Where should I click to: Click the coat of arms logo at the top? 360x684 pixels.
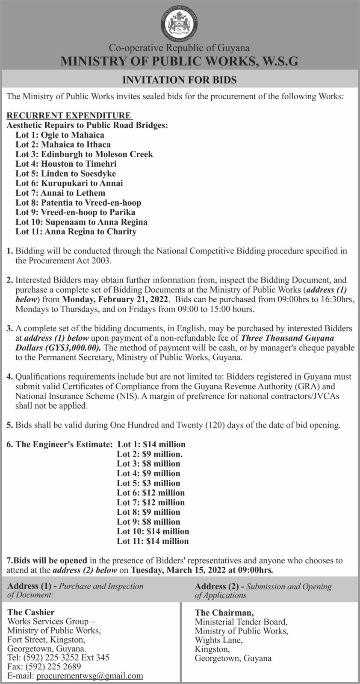click(180, 22)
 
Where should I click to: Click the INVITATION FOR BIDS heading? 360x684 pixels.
click(180, 80)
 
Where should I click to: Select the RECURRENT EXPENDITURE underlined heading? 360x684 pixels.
click(69, 115)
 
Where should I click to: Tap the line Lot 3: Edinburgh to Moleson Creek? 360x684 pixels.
click(84, 154)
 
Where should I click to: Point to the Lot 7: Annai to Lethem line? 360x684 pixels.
click(60, 193)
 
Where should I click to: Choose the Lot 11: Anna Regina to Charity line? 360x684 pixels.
click(76, 232)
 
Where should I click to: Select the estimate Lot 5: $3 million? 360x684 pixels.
click(149, 483)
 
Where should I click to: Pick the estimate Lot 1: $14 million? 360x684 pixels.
click(151, 444)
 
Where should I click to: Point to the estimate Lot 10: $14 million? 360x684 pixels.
click(153, 531)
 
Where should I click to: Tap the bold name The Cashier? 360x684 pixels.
click(31, 612)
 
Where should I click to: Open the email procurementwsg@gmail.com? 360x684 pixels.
click(90, 676)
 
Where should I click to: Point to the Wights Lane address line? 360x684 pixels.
click(218, 640)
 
